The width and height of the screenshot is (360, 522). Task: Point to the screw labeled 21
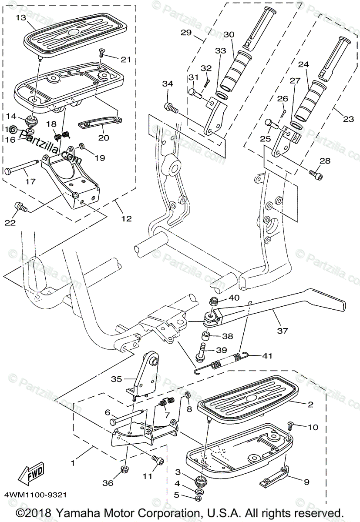[101, 53]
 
